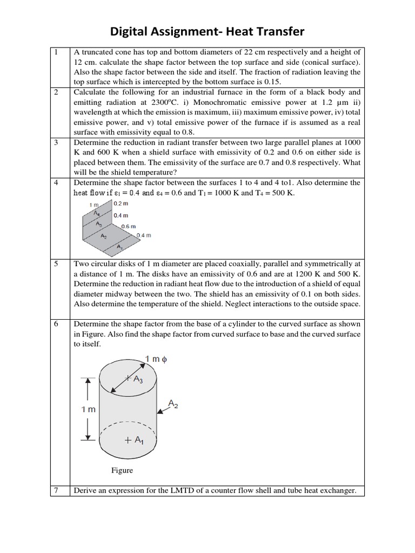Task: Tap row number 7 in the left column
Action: point(56,490)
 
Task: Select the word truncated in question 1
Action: point(102,52)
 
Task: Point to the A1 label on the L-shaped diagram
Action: point(119,247)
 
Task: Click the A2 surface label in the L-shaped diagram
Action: point(103,236)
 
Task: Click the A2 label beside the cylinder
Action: point(173,403)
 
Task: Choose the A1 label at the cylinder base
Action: point(134,440)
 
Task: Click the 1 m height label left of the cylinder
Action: point(88,409)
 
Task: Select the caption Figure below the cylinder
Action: point(122,470)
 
